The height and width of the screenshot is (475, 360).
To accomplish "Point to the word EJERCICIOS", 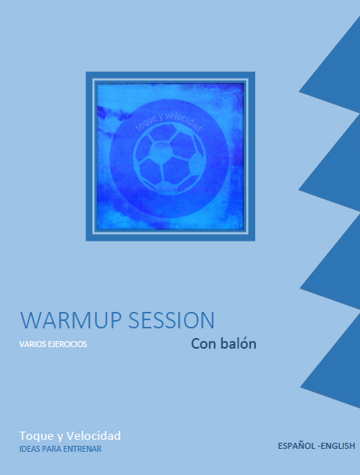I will click(68, 345).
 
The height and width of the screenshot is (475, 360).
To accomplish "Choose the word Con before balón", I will click(204, 344).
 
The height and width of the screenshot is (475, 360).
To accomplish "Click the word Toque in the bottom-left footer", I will click(36, 435).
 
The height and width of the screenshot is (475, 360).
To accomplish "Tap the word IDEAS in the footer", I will click(30, 449).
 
